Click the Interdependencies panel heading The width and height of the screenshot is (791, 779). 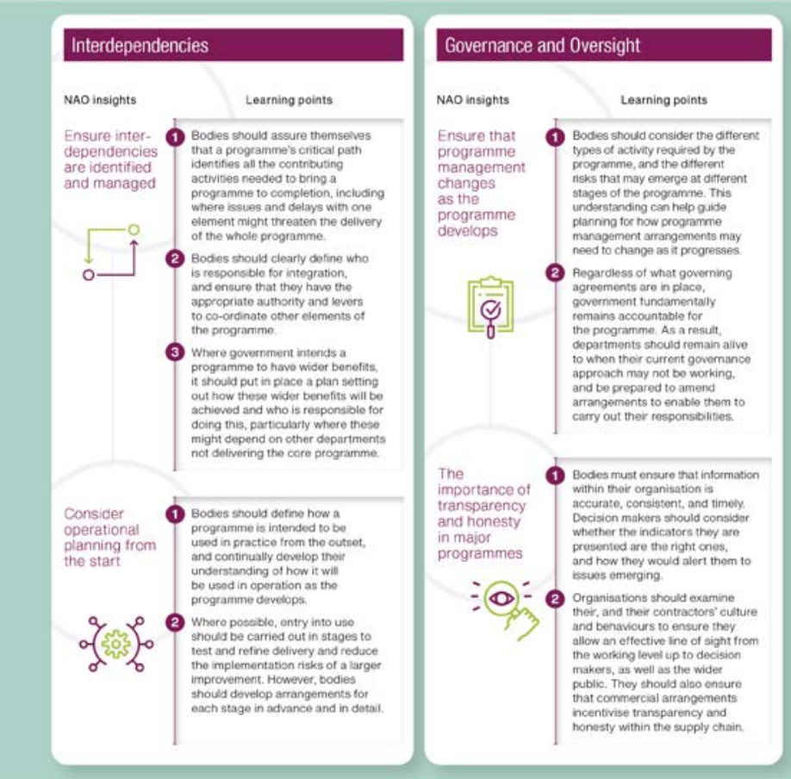[140, 45]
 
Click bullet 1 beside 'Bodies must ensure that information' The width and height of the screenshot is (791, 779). [557, 475]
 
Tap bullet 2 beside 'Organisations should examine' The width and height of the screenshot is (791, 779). [557, 595]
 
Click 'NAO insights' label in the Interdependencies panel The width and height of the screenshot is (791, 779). [100, 100]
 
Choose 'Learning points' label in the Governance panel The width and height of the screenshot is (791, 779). [663, 100]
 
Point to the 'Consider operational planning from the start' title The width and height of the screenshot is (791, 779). [109, 537]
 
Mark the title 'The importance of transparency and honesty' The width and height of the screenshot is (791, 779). [484, 514]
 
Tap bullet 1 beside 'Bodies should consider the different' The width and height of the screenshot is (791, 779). [557, 136]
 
